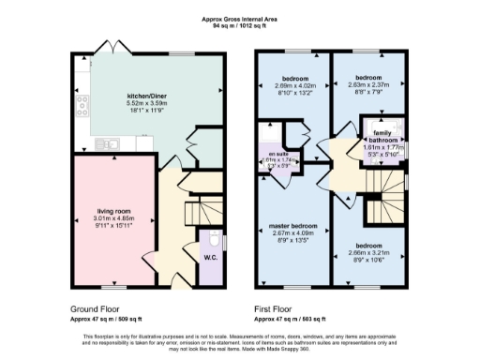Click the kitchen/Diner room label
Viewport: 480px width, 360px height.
pyautogui.click(x=145, y=96)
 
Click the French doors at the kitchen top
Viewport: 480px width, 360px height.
pyautogui.click(x=112, y=47)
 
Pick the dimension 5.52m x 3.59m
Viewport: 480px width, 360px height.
pyautogui.click(x=145, y=103)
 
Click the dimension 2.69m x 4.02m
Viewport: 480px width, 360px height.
pyautogui.click(x=295, y=85)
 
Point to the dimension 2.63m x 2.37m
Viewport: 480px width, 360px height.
pyautogui.click(x=367, y=84)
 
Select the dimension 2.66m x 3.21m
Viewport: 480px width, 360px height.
pyautogui.click(x=367, y=252)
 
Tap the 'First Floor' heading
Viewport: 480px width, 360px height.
pyautogui.click(x=276, y=307)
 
